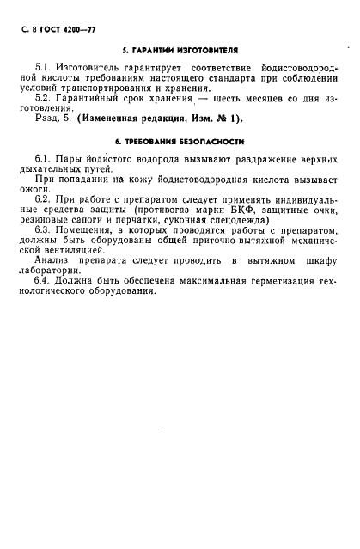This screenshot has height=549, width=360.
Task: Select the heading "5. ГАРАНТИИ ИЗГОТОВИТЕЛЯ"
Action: point(180,51)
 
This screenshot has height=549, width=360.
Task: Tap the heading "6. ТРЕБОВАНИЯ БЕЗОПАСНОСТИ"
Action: point(180,141)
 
